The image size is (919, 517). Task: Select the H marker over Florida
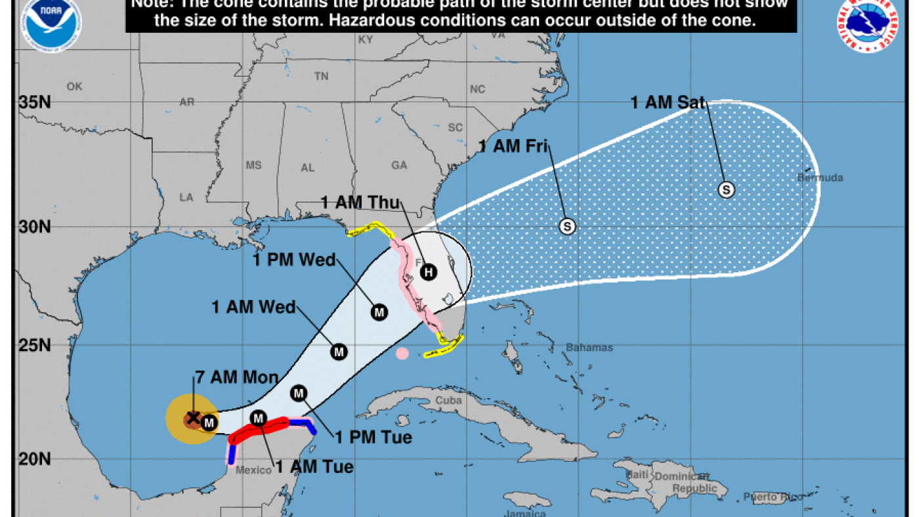[428, 271]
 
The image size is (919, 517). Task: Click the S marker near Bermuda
[726, 190]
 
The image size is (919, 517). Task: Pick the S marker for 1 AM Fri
[567, 226]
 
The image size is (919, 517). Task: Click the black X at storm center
[193, 417]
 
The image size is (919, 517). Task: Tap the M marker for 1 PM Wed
[378, 312]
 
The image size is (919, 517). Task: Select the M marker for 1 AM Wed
[339, 352]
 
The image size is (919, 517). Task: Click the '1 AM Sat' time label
[668, 102]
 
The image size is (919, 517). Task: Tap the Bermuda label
[820, 178]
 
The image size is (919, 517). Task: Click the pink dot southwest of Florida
[402, 354]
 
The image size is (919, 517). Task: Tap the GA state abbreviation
[399, 165]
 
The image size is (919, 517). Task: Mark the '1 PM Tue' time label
[374, 437]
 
